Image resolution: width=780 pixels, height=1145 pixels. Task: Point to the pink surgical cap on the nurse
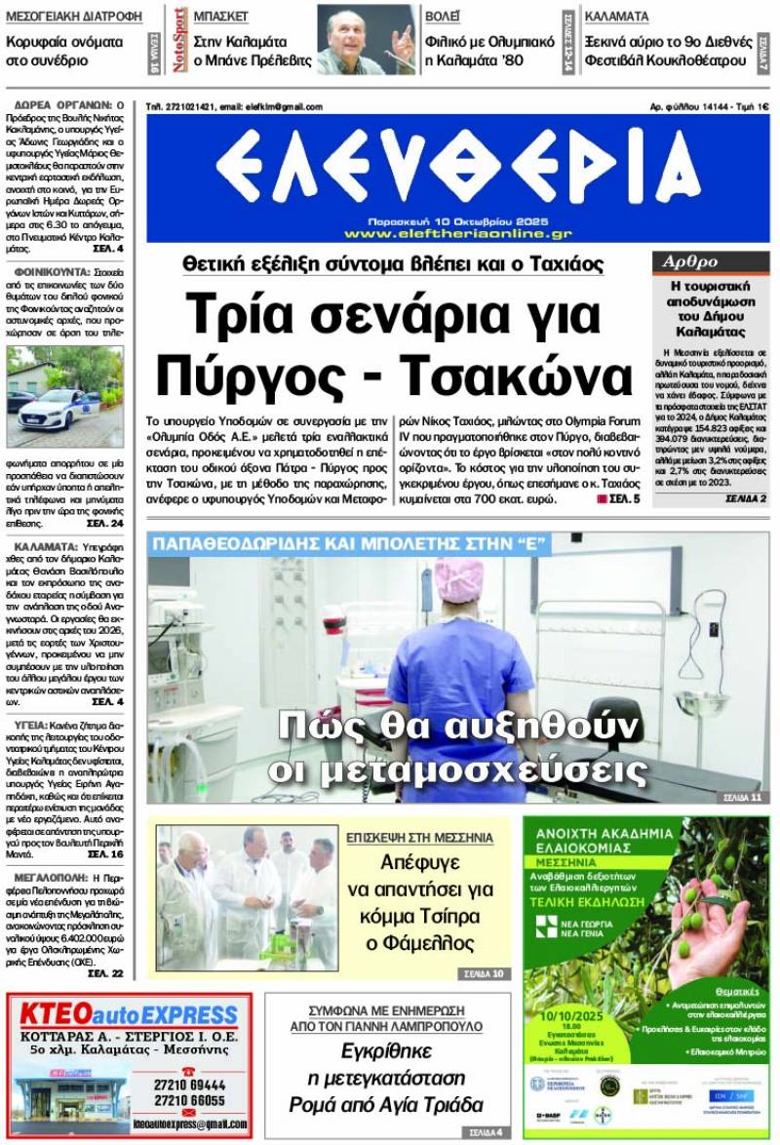click(x=461, y=579)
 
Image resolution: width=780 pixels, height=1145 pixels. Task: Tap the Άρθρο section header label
click(x=690, y=261)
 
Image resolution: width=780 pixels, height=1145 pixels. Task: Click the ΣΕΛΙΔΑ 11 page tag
click(x=742, y=797)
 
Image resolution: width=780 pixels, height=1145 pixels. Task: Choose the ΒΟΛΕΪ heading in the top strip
click(x=444, y=17)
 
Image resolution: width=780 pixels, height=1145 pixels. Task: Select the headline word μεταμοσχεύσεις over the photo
click(x=457, y=770)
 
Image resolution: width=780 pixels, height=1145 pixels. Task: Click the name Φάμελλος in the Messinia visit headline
click(x=427, y=942)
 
